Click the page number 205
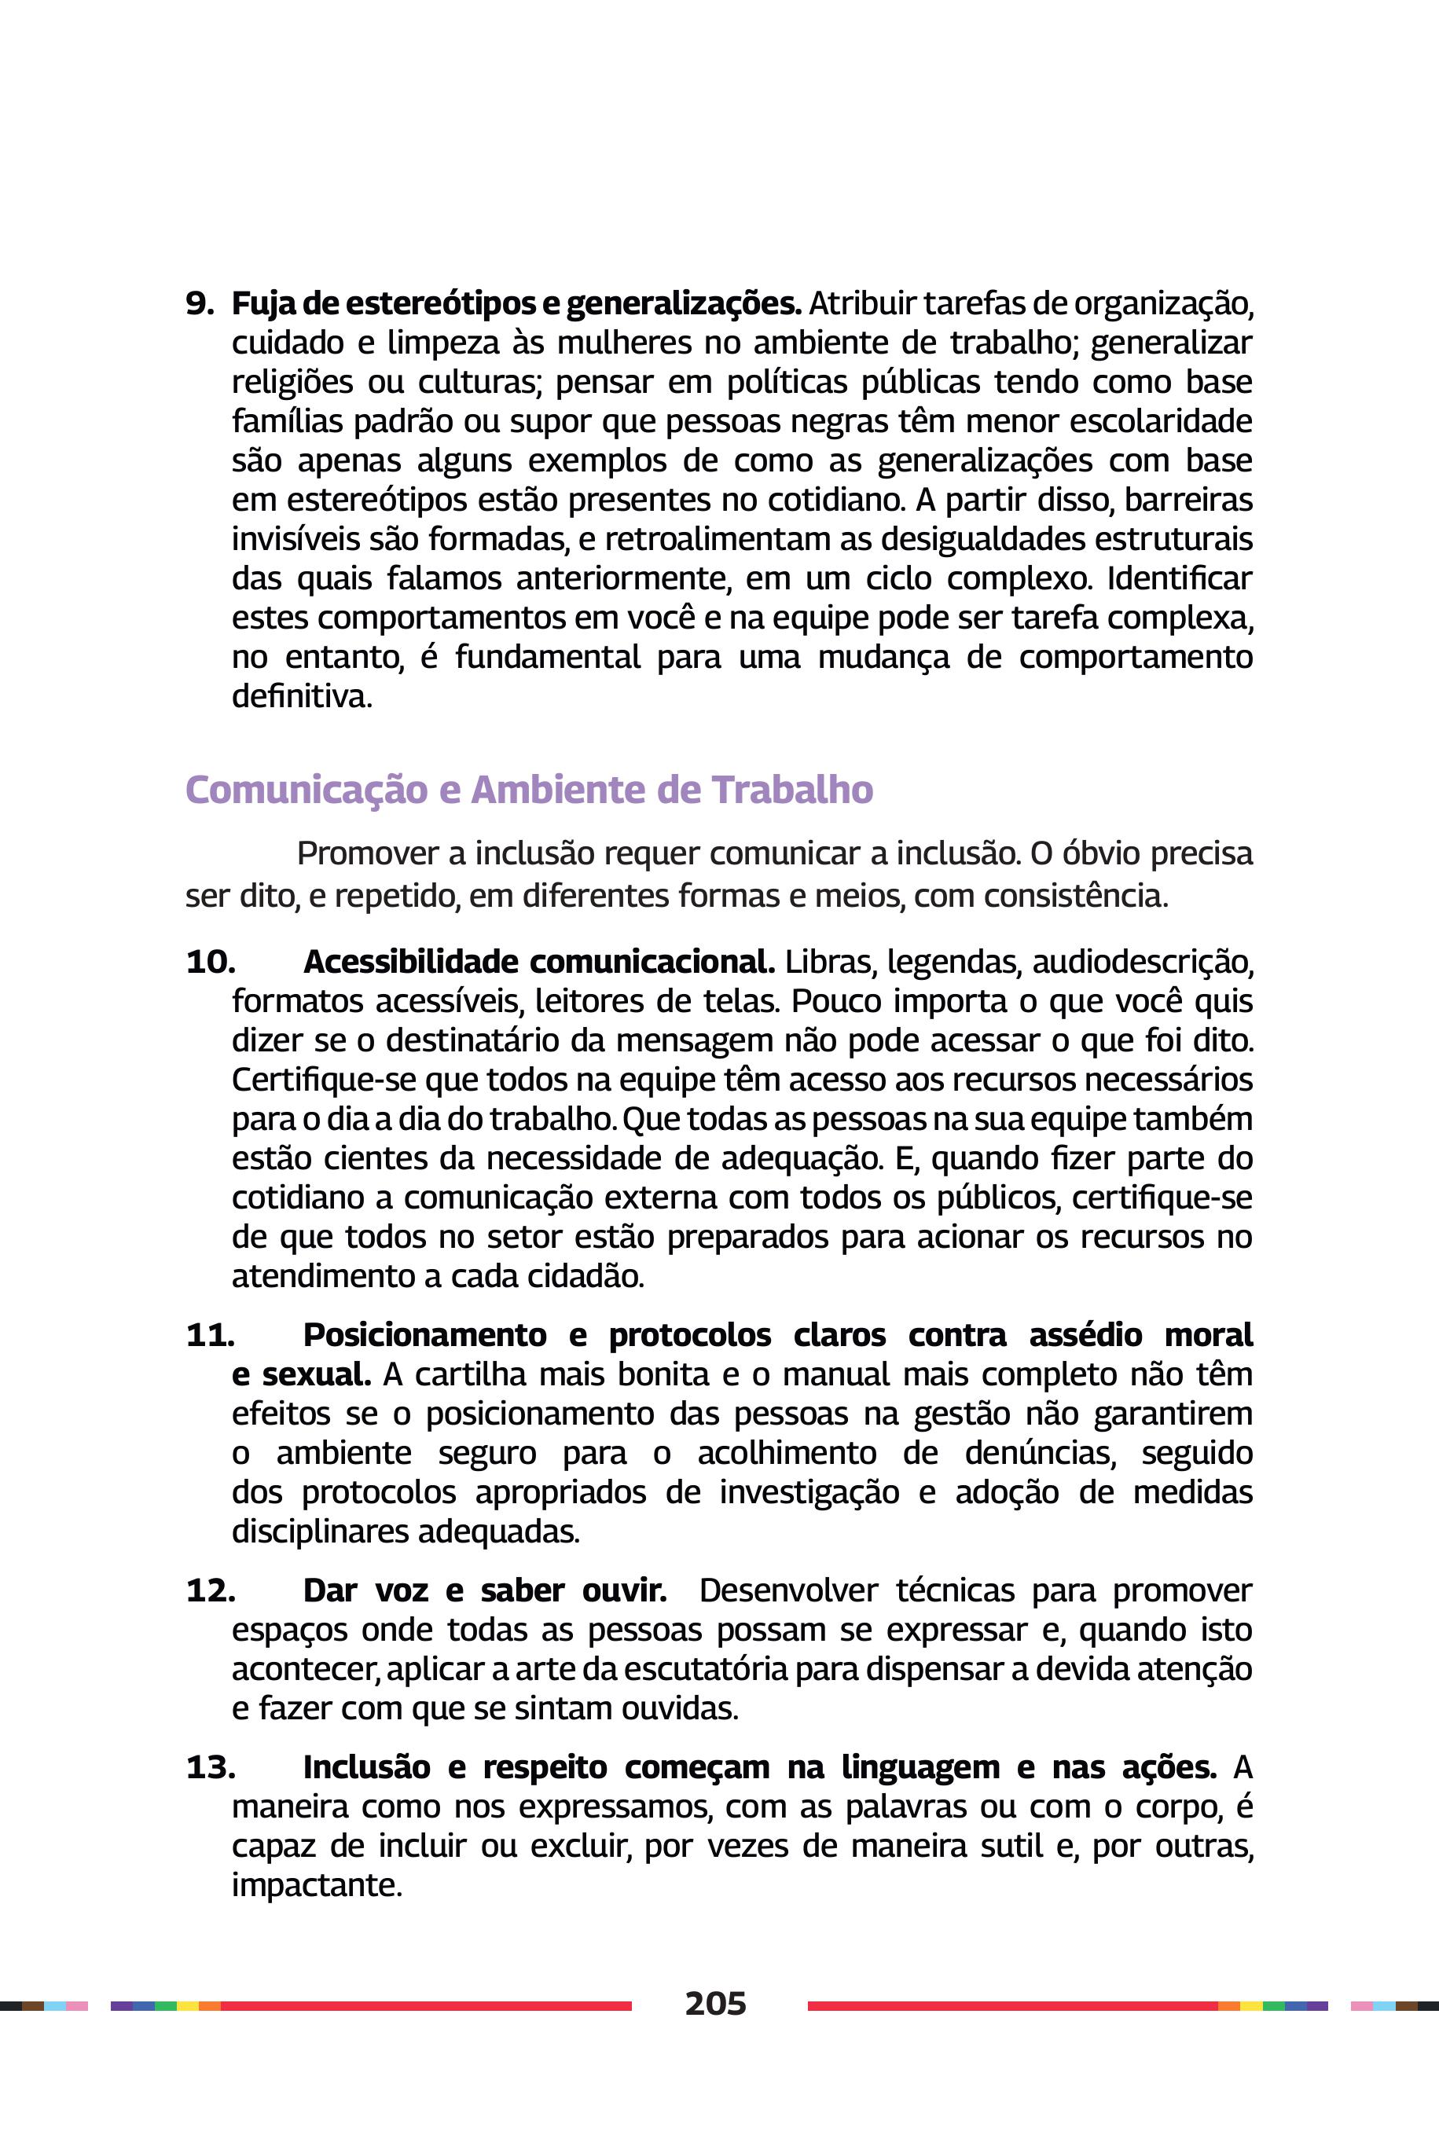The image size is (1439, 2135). point(716,2003)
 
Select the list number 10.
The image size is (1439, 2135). point(210,962)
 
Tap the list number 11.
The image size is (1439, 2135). point(210,1335)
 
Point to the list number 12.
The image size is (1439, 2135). point(210,1590)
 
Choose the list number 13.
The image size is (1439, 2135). point(210,1767)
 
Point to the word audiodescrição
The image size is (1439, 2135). point(1143,962)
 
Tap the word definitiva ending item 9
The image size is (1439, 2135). point(301,696)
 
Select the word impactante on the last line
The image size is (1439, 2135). point(316,1885)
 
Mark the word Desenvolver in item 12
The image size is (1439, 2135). point(787,1590)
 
